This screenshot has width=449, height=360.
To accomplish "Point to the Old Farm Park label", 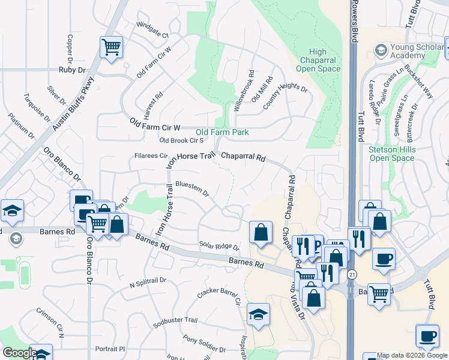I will point(222,132).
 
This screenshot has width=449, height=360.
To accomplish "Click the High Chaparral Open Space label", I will point(318,60).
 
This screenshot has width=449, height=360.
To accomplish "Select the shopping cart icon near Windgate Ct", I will point(111,47).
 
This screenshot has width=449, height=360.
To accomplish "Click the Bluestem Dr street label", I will point(192,188).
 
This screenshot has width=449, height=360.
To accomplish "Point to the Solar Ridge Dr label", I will point(219,247).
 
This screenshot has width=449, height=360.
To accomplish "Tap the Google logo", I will point(19,352).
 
